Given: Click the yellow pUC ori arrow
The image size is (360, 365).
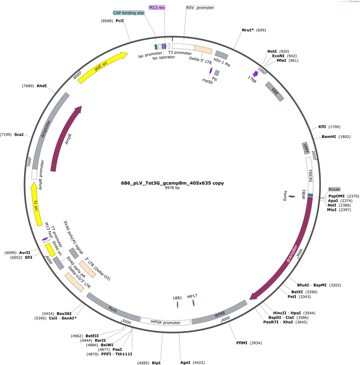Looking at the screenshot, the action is pyautogui.click(x=102, y=68).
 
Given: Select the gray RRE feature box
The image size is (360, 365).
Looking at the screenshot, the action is pyautogui.click(x=275, y=92).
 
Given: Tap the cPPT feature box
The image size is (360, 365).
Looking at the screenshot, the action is pyautogui.click(x=306, y=148).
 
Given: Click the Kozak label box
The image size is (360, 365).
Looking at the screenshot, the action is pyautogui.click(x=334, y=189).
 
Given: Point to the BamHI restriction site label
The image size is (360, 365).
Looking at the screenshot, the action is pyautogui.click(x=329, y=137).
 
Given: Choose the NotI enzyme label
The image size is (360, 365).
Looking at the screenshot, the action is pyautogui.click(x=272, y=51).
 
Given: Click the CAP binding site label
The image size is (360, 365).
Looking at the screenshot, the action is pyautogui.click(x=129, y=13).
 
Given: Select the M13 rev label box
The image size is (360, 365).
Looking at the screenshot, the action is pyautogui.click(x=157, y=7).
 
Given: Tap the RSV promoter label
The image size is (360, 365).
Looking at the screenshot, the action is pyautogui.click(x=200, y=7).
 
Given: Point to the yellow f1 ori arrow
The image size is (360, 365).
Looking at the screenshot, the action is pyautogui.click(x=36, y=204).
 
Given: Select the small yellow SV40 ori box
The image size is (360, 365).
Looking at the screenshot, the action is pyautogui.click(x=50, y=250).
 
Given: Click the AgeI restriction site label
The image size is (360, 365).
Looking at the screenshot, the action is pyautogui.click(x=185, y=362).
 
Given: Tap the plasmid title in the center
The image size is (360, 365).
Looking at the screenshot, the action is pyautogui.click(x=172, y=183).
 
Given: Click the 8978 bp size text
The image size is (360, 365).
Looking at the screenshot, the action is pyautogui.click(x=172, y=188).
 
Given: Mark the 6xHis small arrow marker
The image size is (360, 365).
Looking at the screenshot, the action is pyautogui.click(x=292, y=196).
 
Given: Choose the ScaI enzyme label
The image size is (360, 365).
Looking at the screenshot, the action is pyautogui.click(x=19, y=135).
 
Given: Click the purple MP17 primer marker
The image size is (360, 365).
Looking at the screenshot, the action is pyautogui.click(x=193, y=303).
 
